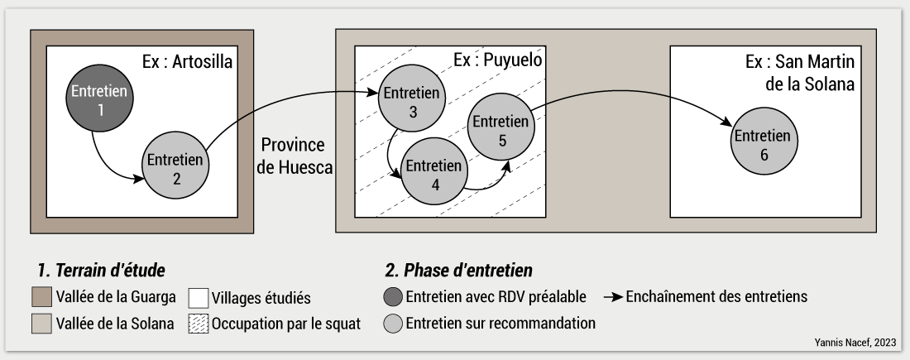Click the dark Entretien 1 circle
99,100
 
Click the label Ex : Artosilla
188,62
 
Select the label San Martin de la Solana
799,73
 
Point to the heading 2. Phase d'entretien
458,271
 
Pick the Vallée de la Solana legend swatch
39,324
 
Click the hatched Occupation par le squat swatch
198,324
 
